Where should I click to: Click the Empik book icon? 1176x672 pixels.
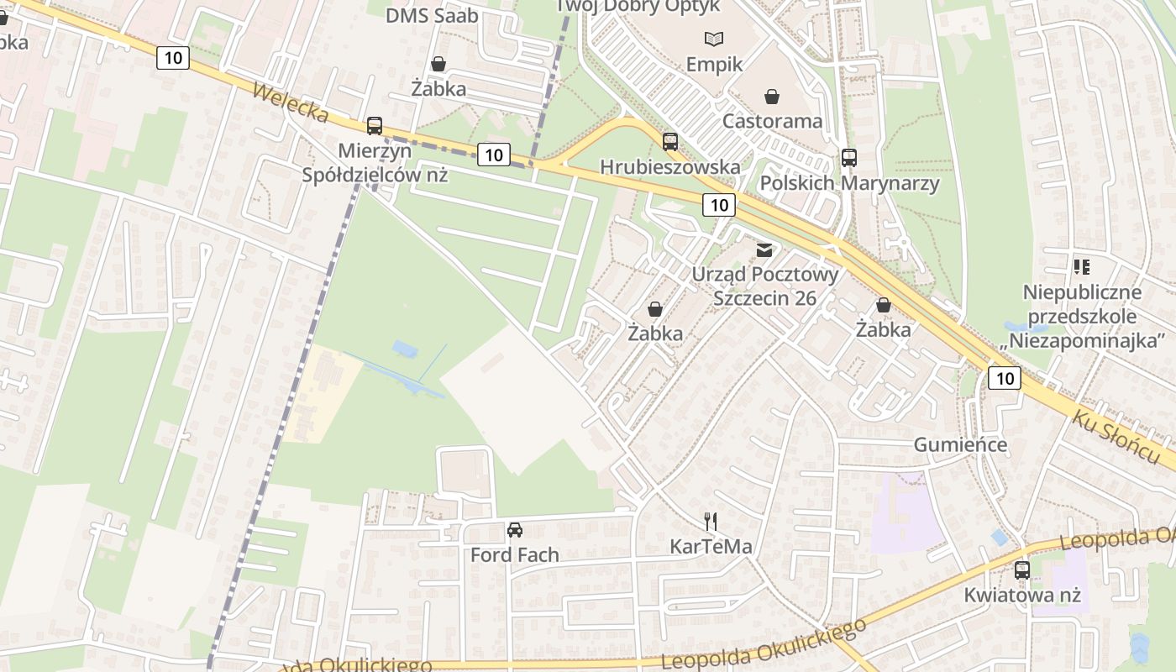pyautogui.click(x=714, y=39)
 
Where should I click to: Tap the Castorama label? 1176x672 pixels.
pyautogui.click(x=772, y=121)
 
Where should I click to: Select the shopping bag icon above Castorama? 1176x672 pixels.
pyautogui.click(x=772, y=97)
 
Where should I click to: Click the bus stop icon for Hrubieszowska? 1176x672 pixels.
pyautogui.click(x=669, y=141)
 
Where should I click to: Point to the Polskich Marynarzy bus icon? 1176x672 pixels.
pyautogui.click(x=849, y=157)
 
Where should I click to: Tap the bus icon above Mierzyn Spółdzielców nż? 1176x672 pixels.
pyautogui.click(x=375, y=126)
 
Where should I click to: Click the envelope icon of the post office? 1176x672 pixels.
pyautogui.click(x=764, y=249)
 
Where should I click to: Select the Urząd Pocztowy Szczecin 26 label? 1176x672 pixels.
pyautogui.click(x=764, y=286)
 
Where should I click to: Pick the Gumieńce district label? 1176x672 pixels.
pyautogui.click(x=960, y=444)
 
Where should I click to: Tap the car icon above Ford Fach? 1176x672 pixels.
pyautogui.click(x=515, y=530)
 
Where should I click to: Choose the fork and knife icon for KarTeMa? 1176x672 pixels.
pyautogui.click(x=711, y=522)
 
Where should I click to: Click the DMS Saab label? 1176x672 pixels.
pyautogui.click(x=432, y=15)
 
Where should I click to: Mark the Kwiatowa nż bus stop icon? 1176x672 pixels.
pyautogui.click(x=1022, y=570)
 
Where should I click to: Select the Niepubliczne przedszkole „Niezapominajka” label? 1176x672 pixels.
pyautogui.click(x=1082, y=317)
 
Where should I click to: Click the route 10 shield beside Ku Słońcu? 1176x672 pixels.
pyautogui.click(x=1005, y=378)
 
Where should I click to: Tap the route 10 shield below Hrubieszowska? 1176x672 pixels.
pyautogui.click(x=719, y=204)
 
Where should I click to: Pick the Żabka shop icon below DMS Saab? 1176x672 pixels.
pyautogui.click(x=438, y=64)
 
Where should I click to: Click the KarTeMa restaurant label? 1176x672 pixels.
pyautogui.click(x=711, y=547)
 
